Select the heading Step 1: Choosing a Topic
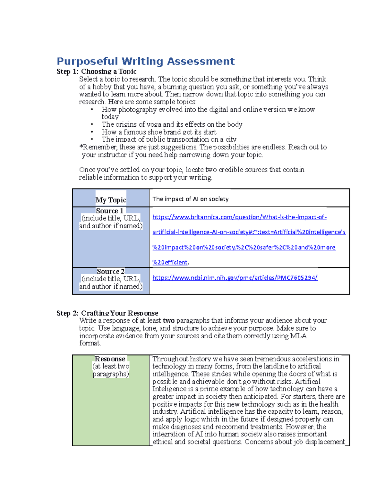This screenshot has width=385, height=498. [97, 72]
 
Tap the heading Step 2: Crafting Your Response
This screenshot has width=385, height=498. [107, 313]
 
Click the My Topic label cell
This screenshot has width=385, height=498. [111, 200]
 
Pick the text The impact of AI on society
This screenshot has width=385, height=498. [190, 199]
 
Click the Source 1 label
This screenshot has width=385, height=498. [110, 211]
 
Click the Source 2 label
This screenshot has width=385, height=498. [111, 271]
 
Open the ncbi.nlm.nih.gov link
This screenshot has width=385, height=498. [235, 278]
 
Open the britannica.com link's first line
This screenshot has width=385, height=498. [239, 217]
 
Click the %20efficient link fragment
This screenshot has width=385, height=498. [170, 262]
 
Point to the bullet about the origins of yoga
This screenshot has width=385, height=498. [172, 124]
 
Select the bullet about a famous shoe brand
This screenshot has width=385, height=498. [159, 132]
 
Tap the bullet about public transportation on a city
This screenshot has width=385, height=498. [169, 139]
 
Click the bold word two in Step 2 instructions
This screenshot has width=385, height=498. [169, 321]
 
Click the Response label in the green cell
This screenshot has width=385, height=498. [110, 359]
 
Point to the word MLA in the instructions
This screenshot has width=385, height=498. [298, 336]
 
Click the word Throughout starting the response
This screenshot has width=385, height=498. [170, 359]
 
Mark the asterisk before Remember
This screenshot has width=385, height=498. [81, 147]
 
